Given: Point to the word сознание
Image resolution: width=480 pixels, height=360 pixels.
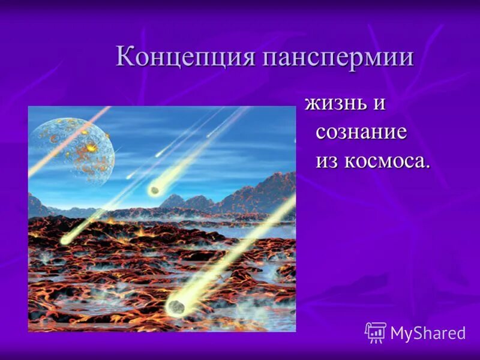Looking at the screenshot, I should tap(361, 133).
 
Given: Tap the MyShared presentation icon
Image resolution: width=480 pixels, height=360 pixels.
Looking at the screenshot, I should tap(376, 332).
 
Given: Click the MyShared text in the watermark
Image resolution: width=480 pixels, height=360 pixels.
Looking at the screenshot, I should tap(427, 333).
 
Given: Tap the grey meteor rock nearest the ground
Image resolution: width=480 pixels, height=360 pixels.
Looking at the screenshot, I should tap(175, 306).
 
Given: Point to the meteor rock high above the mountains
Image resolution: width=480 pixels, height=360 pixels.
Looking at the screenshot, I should tap(155, 191).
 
